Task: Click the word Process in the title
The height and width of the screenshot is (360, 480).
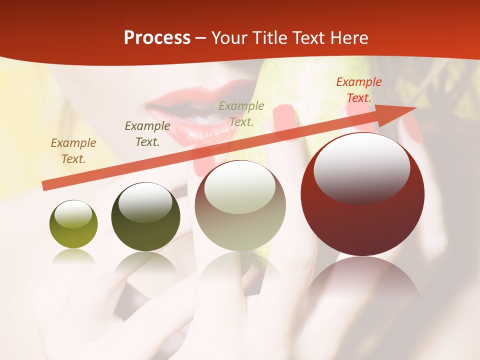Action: pos(157,38)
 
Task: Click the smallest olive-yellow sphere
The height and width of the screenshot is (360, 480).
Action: pos(73,224)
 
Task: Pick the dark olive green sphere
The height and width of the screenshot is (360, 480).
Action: pos(145,217)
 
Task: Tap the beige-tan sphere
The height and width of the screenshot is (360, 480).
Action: pos(240,205)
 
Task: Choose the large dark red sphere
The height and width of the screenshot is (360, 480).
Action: pos(362,194)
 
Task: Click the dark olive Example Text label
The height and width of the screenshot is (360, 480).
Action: pos(147,134)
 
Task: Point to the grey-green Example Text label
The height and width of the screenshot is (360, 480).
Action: pos(241,113)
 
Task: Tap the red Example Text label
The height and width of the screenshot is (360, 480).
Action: pos(359,90)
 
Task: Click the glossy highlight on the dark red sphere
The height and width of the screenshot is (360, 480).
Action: pos(361,168)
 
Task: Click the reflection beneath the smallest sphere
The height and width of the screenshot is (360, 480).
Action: pos(73,256)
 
